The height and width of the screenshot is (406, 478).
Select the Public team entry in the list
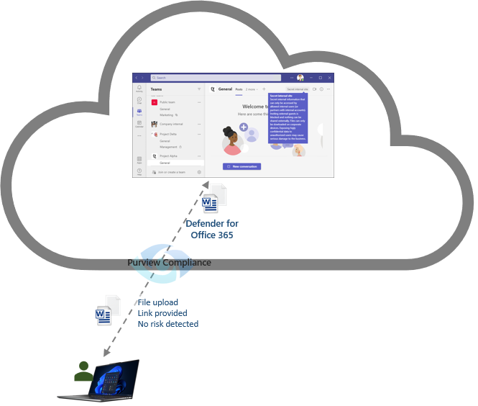click(x=168, y=103)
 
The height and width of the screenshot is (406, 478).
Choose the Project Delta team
click(x=168, y=134)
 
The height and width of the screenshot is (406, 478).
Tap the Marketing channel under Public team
click(x=167, y=114)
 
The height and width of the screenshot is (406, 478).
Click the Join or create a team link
click(x=171, y=172)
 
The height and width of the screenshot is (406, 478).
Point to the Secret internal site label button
click(x=296, y=89)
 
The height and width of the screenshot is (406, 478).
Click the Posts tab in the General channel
click(x=239, y=89)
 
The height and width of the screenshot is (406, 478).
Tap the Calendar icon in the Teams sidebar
click(x=139, y=123)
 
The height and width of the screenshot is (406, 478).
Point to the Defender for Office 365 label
click(x=212, y=230)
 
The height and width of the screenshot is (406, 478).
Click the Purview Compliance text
click(x=169, y=263)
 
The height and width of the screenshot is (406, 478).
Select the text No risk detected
click(x=168, y=324)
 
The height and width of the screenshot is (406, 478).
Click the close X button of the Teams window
click(x=329, y=78)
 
